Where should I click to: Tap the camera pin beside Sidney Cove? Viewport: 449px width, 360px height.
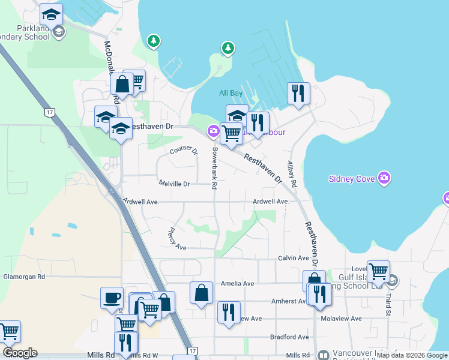coord(385,178)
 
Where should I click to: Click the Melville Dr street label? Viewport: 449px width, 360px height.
coord(174,184)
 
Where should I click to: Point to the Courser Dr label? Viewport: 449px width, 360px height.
coord(184,151)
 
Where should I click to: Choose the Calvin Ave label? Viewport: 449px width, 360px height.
coord(293,258)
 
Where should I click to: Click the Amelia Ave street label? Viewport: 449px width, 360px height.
coord(238,283)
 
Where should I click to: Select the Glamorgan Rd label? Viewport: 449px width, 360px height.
coord(25,277)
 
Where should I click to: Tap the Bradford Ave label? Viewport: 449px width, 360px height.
coord(289,337)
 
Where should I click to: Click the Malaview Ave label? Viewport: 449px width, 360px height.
coord(342,319)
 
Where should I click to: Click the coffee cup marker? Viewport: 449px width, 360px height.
coord(112,298)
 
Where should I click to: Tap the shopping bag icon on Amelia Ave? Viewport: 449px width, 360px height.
coord(202,293)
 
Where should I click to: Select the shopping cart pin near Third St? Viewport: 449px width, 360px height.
coord(378,271)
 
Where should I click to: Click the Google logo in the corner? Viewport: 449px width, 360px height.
coord(20,353)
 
